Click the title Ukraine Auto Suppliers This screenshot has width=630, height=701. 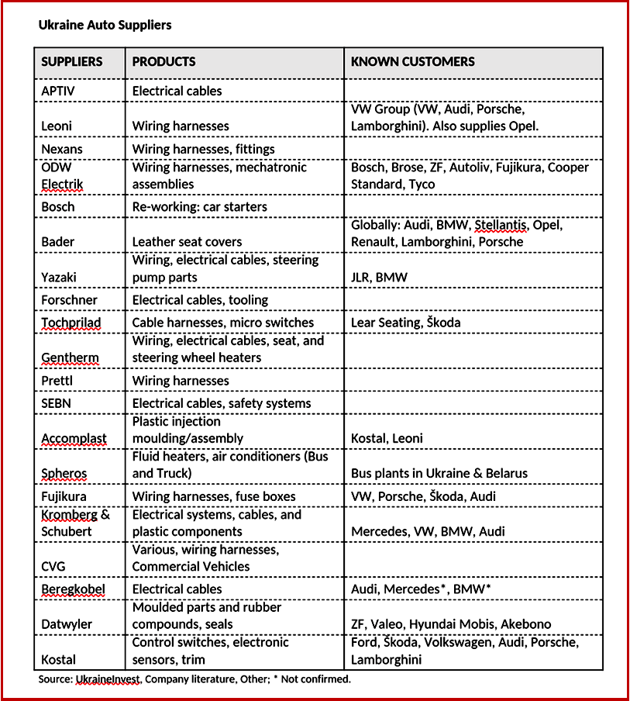coord(105,25)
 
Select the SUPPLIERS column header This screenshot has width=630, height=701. coord(71,62)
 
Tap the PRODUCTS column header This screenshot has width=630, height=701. coord(164,62)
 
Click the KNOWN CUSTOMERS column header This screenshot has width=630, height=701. coord(413,62)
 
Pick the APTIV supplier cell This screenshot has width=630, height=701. coord(58,91)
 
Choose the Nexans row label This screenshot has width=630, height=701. coord(61,149)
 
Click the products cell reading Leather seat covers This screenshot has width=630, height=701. coord(187,242)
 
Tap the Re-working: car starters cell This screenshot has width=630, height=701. coord(199,207)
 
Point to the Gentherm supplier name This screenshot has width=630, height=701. coord(70,358)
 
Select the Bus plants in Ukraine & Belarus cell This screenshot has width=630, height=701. coord(439,473)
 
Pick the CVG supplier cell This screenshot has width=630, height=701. coord(54,566)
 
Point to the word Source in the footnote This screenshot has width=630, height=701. coord(54,679)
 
